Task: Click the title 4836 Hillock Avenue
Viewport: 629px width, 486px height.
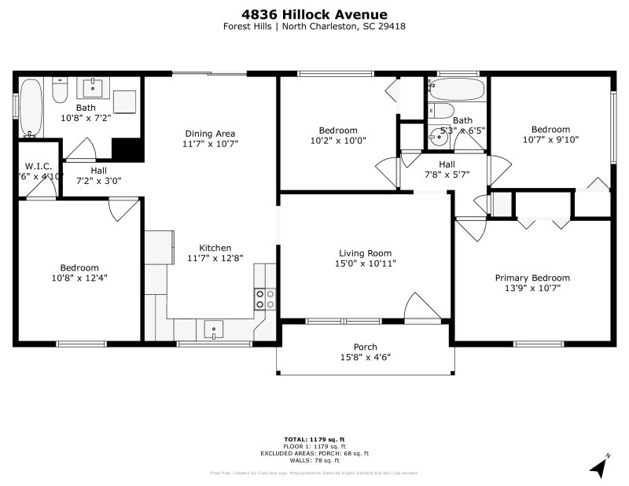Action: [x=314, y=13]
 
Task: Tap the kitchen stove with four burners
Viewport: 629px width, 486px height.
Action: [x=265, y=299]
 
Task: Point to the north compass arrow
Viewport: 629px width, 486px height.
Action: [x=601, y=467]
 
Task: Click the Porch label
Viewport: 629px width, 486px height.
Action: [x=365, y=347]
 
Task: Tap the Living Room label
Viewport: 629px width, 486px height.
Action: [x=365, y=253]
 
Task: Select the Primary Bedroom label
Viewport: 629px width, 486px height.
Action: [x=532, y=278]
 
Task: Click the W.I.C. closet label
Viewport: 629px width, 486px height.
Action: [x=39, y=166]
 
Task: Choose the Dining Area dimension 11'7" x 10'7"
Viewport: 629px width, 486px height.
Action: [x=210, y=144]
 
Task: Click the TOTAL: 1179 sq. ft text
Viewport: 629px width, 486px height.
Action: [x=314, y=438]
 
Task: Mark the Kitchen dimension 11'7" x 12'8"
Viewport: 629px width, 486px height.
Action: [x=204, y=258]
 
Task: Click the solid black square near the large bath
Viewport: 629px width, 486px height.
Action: [x=126, y=149]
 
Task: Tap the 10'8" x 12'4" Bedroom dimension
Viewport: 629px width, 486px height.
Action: [x=79, y=278]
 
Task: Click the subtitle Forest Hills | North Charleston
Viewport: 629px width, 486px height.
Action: [x=314, y=26]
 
